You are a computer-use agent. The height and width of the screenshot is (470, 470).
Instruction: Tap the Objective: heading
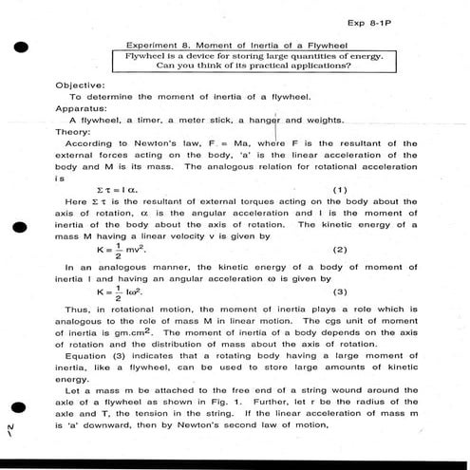click(x=81, y=85)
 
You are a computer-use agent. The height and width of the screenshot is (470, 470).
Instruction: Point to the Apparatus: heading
click(x=81, y=108)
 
